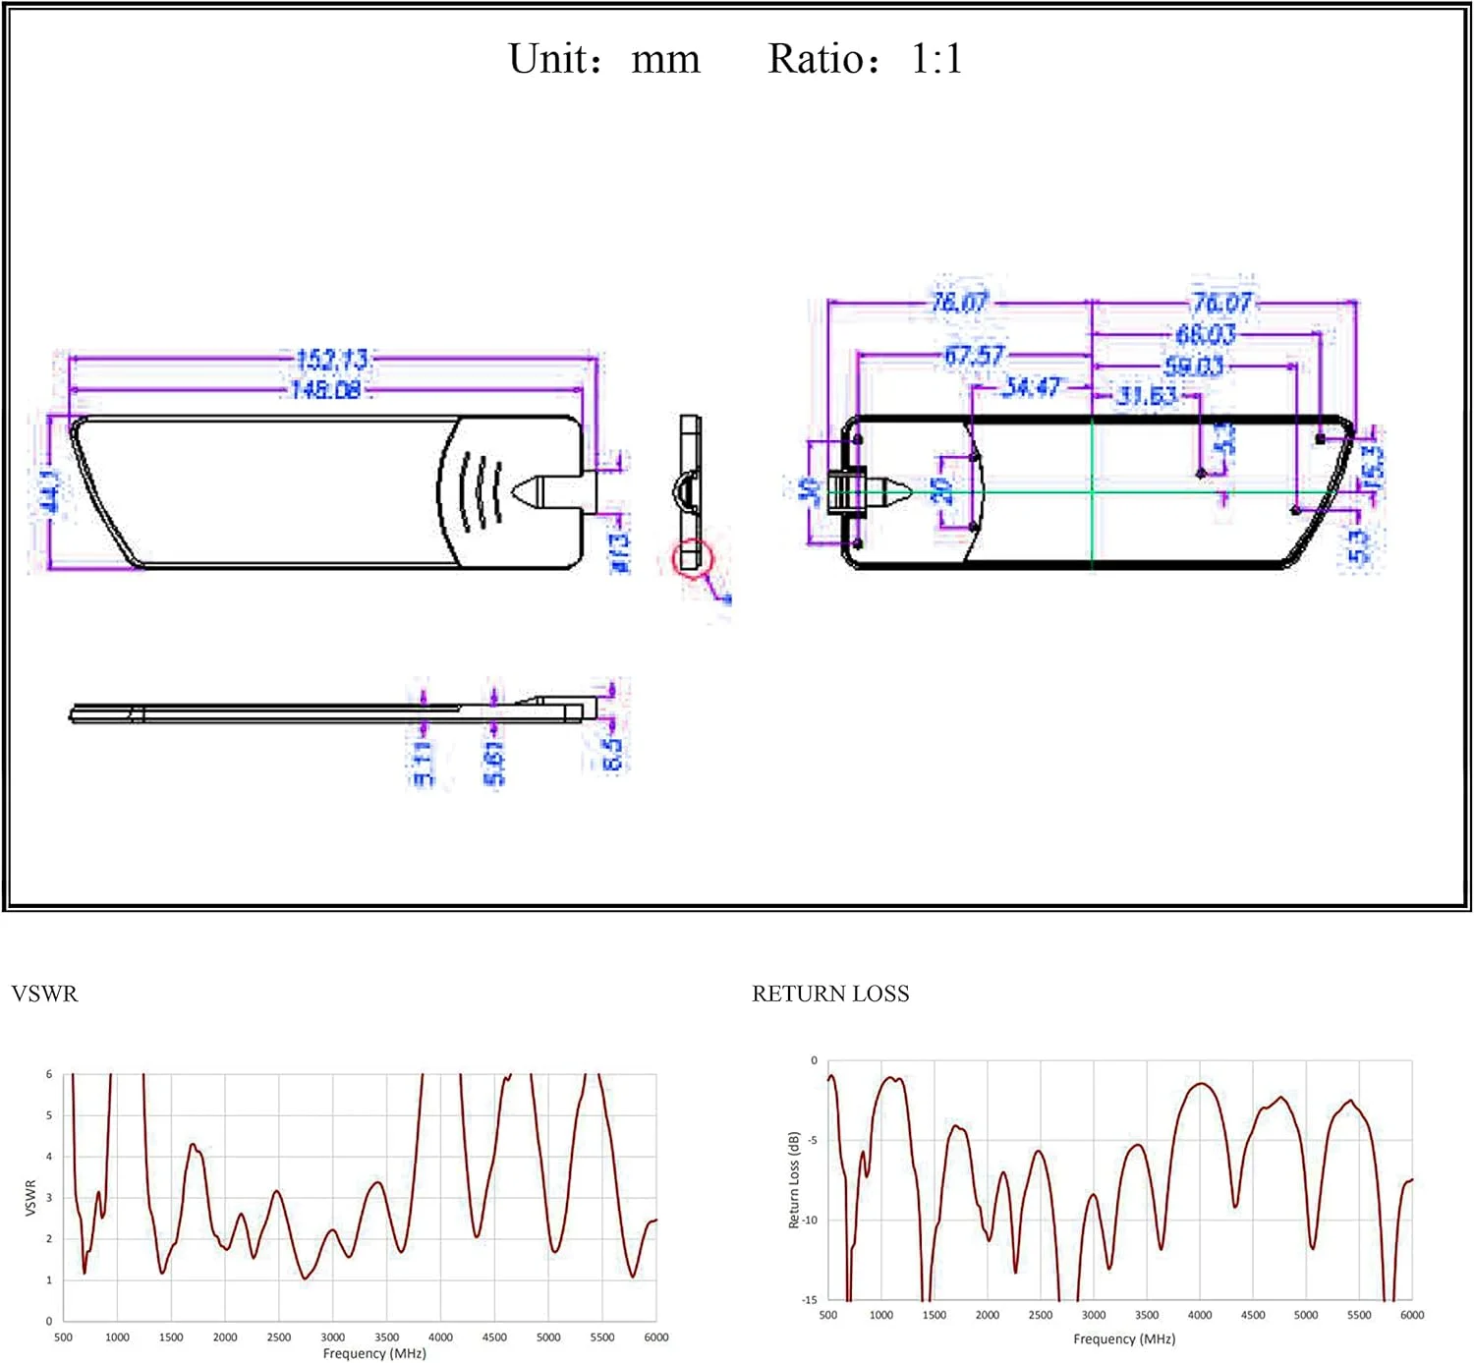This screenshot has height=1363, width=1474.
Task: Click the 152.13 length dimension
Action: [x=331, y=359]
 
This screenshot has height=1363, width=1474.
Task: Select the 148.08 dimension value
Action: [x=325, y=390]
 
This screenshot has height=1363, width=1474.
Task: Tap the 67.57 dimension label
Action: [x=974, y=355]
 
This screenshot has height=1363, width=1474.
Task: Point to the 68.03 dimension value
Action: [x=1205, y=334]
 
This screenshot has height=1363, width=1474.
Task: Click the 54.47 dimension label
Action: [x=1031, y=387]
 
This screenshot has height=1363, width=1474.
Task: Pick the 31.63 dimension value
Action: [x=1146, y=396]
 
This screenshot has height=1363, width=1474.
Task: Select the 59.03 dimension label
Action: [x=1193, y=367]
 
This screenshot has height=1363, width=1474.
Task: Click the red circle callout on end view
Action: [x=692, y=558]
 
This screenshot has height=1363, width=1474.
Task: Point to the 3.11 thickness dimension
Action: [x=422, y=763]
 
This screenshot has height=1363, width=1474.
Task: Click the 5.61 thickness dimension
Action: [x=494, y=764]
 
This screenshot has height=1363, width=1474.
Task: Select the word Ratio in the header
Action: [x=811, y=59]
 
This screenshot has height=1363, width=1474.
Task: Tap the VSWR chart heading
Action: [x=44, y=994]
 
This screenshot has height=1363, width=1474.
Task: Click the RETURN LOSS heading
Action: [x=830, y=994]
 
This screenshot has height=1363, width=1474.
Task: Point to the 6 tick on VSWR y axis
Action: [x=49, y=1074]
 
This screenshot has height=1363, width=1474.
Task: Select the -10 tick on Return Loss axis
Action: [x=809, y=1220]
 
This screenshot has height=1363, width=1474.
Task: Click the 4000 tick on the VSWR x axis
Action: [x=440, y=1336]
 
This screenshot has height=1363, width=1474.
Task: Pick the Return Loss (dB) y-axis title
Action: [x=794, y=1179]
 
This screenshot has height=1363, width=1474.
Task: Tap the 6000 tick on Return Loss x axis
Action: [x=1411, y=1315]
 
